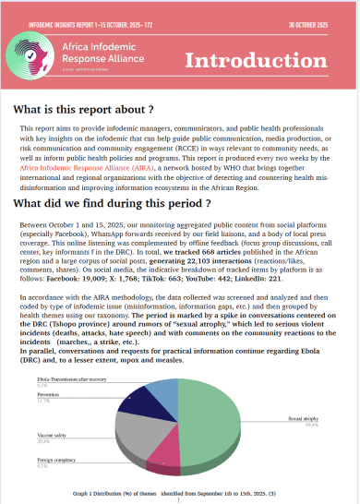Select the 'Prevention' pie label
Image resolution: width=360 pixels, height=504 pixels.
45,397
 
